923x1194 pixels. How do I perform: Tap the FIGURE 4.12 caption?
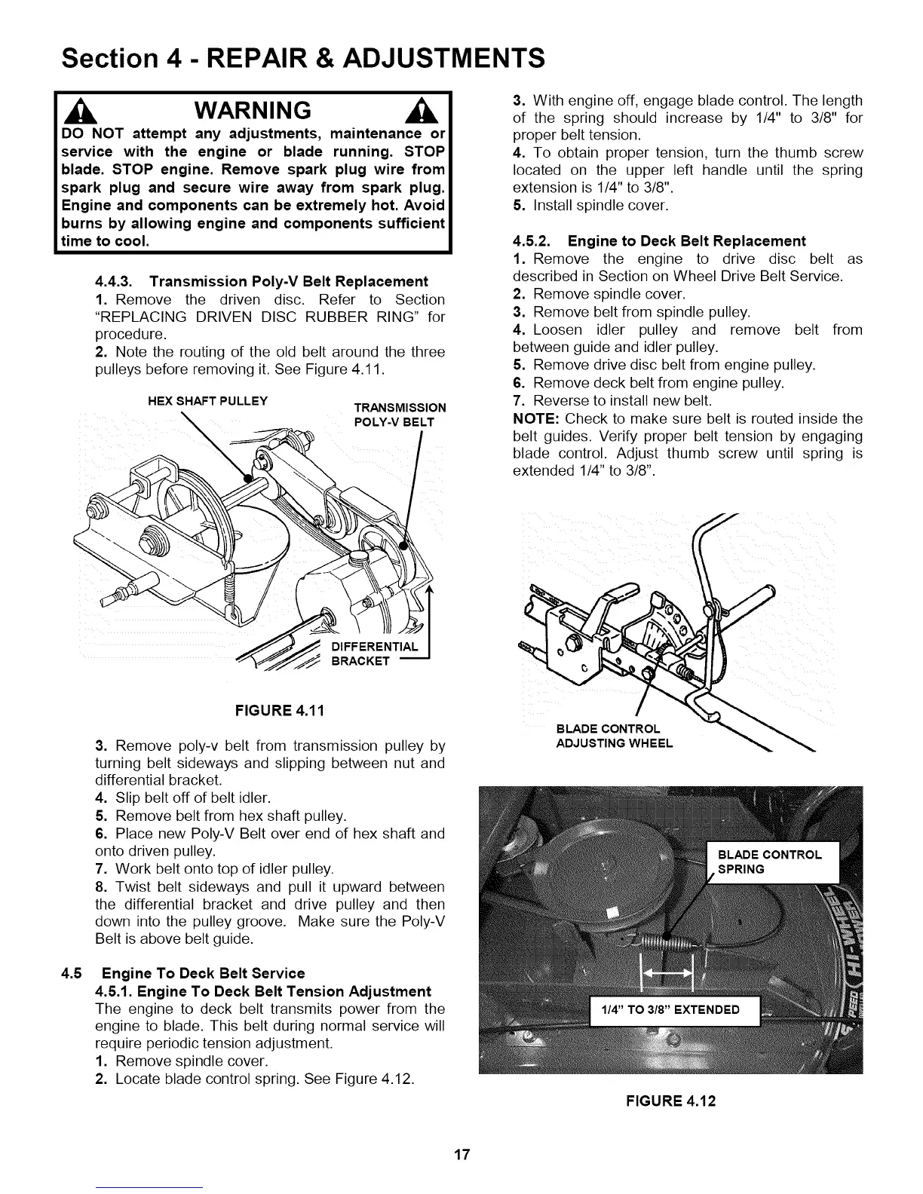(x=671, y=1101)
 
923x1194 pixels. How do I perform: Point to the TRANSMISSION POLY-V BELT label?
(x=400, y=415)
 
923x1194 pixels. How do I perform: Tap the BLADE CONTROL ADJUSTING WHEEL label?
(x=614, y=736)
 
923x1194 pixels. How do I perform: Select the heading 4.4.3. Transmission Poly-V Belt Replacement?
(x=262, y=281)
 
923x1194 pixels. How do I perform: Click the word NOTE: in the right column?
(x=535, y=418)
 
